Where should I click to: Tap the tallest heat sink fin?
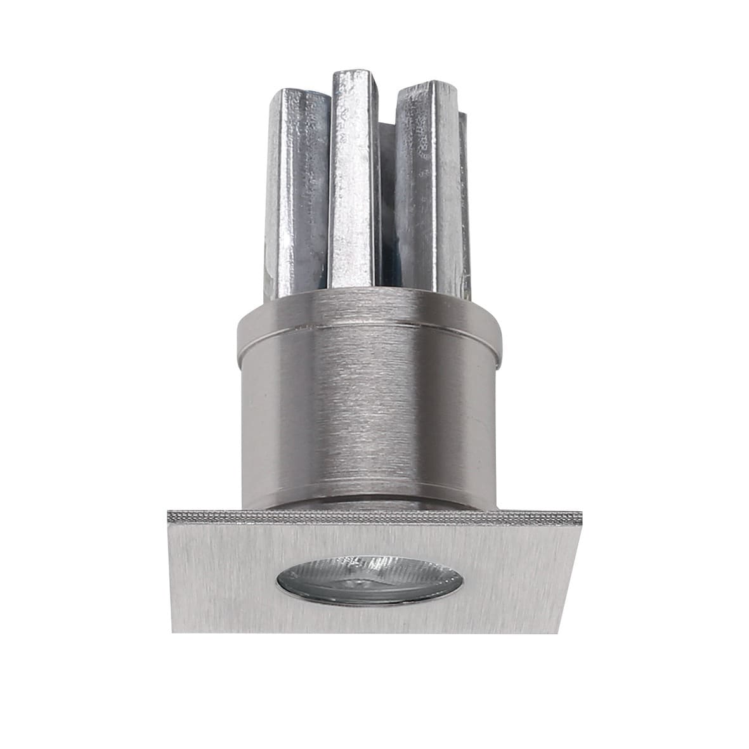[353, 184]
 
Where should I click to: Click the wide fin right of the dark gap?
[425, 190]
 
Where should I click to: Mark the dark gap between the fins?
[384, 209]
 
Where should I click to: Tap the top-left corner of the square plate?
[168, 511]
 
